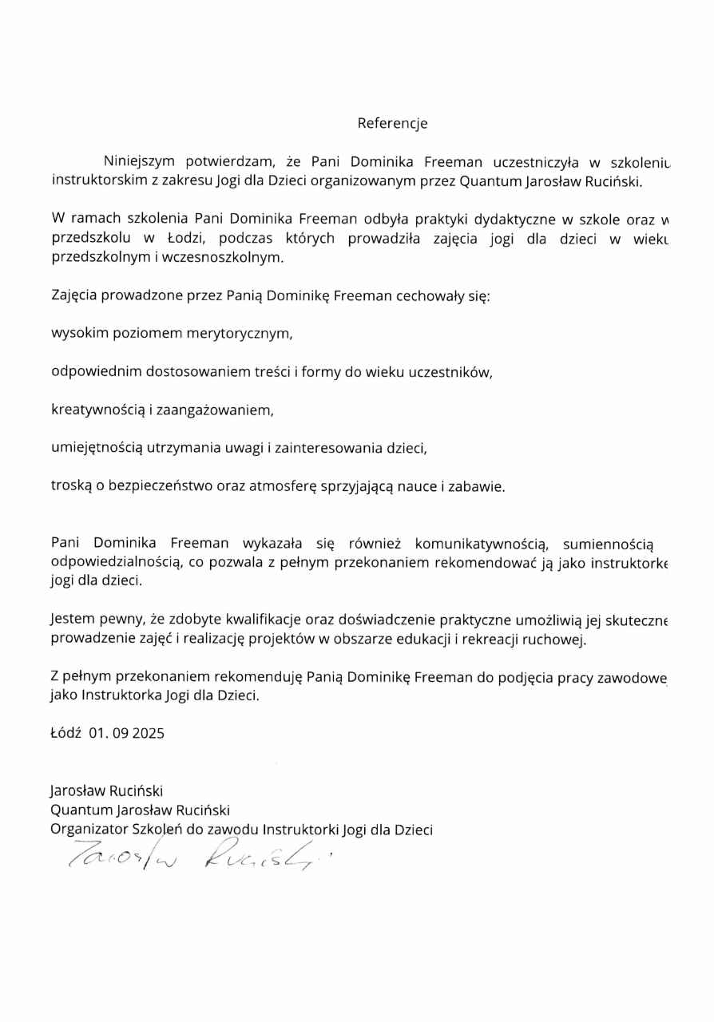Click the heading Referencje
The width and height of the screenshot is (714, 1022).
pyautogui.click(x=392, y=124)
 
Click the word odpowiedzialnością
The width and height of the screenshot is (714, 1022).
pyautogui.click(x=116, y=563)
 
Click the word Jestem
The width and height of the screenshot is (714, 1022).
pyautogui.click(x=70, y=620)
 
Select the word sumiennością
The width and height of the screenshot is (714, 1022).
pyautogui.click(x=613, y=545)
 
